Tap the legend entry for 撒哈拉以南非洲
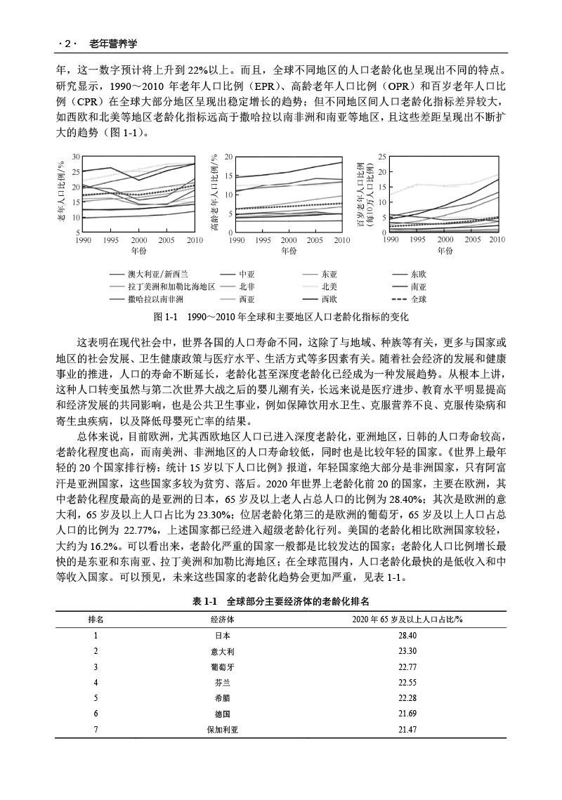pyautogui.click(x=150, y=299)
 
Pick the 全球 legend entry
pyautogui.click(x=419, y=299)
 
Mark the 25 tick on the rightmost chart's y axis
pyautogui.click(x=382, y=157)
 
